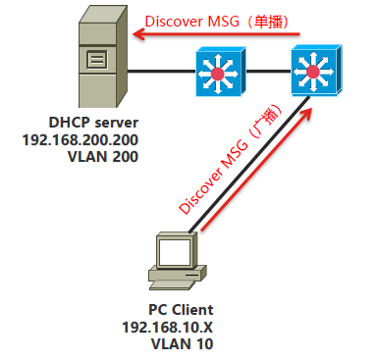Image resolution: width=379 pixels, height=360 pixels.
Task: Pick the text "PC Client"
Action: tap(167, 310)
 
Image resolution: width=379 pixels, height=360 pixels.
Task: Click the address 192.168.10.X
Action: tap(167, 327)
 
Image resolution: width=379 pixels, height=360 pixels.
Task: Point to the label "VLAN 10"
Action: tap(167, 343)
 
